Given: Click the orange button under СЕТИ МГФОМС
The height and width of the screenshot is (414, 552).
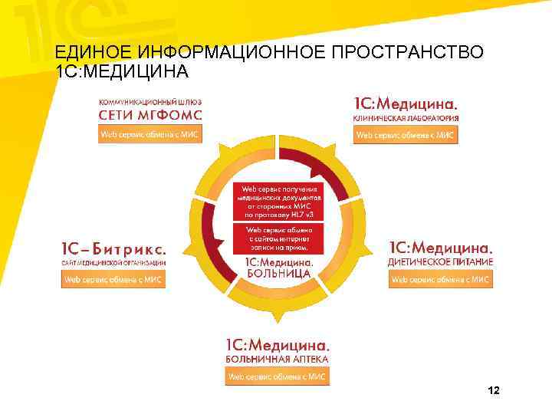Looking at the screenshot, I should (x=150, y=136).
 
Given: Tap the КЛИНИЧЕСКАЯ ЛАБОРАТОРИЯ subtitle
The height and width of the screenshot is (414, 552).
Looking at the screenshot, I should (x=406, y=119).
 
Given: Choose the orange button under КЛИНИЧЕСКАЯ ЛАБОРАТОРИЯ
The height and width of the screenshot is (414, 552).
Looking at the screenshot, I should (x=406, y=136).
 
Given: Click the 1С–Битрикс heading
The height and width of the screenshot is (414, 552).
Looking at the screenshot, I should (x=113, y=249).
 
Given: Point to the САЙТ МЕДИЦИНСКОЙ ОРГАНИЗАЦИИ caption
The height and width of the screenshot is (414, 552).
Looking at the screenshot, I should (x=113, y=263).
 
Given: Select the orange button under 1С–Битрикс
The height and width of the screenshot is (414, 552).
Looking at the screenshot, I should (x=113, y=280).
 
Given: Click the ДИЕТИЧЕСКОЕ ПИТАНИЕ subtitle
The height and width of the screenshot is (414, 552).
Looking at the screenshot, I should (x=440, y=262).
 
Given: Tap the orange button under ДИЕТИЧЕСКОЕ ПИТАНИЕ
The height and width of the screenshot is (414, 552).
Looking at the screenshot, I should (x=441, y=280).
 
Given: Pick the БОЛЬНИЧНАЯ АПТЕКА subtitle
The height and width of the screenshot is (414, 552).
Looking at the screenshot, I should (x=277, y=359).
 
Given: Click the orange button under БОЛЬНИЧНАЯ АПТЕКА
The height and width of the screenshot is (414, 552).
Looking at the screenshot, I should (x=277, y=376).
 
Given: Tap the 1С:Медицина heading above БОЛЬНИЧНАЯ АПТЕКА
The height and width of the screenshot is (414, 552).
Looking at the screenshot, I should (x=277, y=344).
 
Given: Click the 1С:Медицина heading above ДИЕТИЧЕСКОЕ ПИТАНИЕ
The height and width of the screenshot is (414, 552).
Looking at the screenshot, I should (x=440, y=248).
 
